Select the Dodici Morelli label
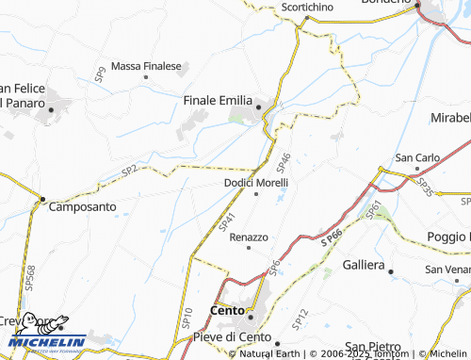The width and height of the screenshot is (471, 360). (256, 182)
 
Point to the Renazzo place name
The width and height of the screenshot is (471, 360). (249, 237)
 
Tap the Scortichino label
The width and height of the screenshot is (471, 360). (307, 7)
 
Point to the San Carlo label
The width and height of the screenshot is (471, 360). (416, 156)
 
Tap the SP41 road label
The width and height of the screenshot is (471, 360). (226, 221)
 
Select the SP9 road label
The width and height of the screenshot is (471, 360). (99, 75)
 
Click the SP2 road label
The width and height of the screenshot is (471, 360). (129, 171)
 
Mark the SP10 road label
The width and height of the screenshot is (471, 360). (187, 318)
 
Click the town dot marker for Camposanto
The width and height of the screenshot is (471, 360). (41, 199)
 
